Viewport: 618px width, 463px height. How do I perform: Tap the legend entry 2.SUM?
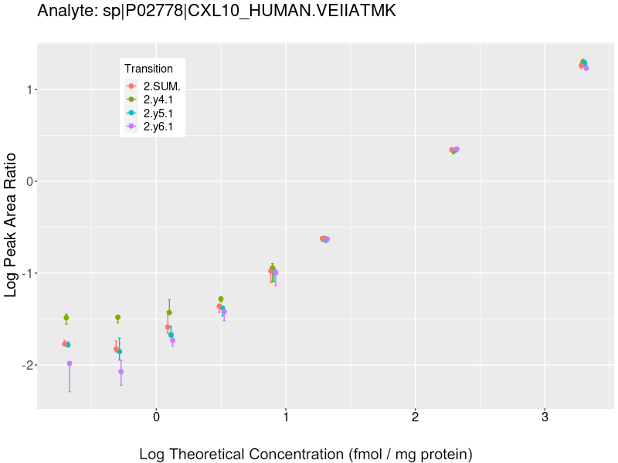pos(161,86)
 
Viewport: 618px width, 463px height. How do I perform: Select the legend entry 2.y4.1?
pos(158,100)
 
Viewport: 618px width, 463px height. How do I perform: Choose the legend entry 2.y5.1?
pos(158,113)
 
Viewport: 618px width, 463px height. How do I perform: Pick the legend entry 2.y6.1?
pos(158,126)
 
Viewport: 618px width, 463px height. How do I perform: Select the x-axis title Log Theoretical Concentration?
pos(305,454)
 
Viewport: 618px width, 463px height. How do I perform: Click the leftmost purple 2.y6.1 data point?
pos(70,363)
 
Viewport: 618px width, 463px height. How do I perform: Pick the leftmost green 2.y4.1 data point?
pos(66,318)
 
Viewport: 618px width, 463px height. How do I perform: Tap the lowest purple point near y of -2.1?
pos(121,372)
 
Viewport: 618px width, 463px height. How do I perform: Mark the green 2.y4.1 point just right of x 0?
pos(169,313)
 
